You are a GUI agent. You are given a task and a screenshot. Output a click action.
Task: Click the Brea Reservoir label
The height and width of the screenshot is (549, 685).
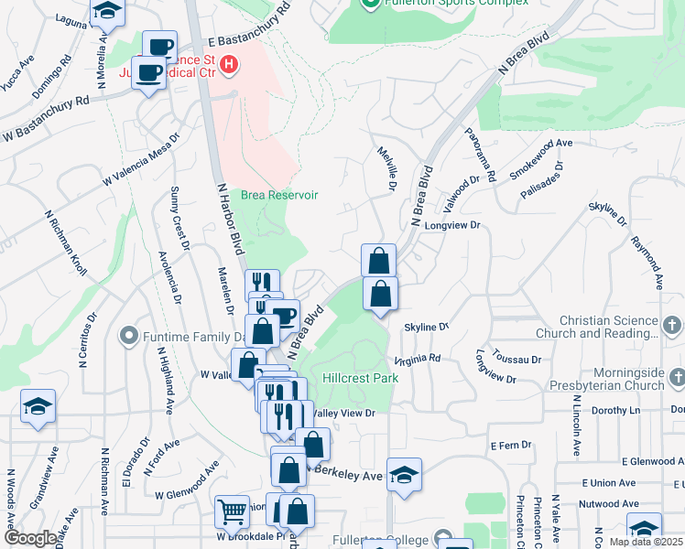click(279, 195)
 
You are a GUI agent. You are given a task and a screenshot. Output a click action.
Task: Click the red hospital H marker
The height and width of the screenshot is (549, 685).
click(229, 65)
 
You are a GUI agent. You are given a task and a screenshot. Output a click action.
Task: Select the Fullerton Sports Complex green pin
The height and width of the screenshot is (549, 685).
click(370, 4)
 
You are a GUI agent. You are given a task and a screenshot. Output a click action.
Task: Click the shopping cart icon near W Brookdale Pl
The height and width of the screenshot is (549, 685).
click(232, 513)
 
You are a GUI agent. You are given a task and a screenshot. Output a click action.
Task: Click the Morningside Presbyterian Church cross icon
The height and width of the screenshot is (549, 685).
click(677, 377)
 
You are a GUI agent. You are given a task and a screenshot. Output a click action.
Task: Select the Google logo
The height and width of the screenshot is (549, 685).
click(30, 538)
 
